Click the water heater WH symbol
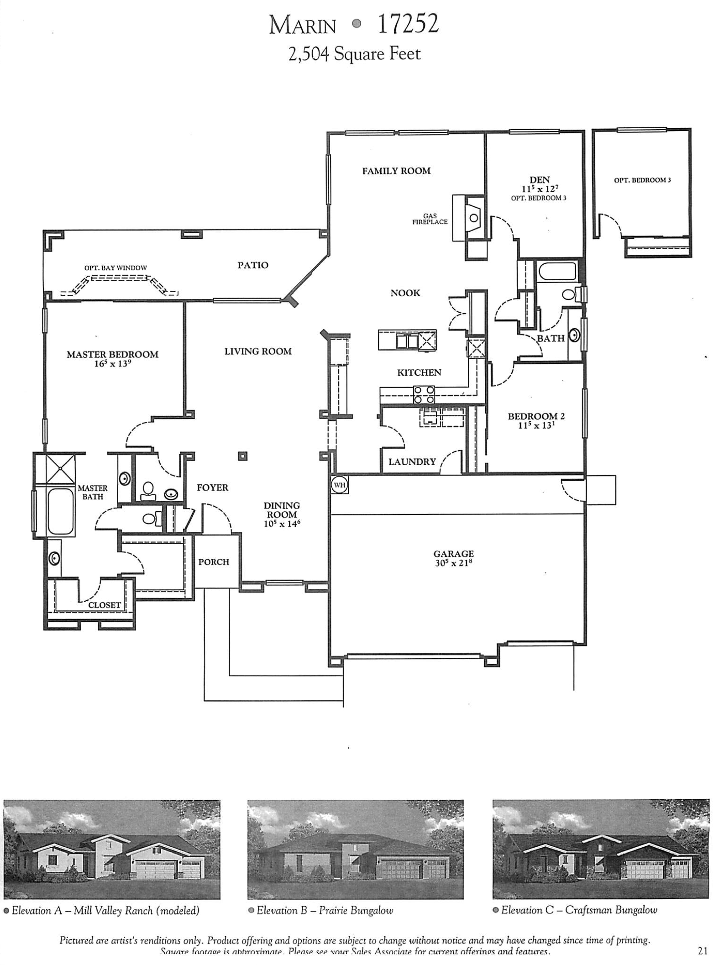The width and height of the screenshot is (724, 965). tap(340, 484)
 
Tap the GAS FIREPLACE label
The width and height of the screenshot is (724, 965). tap(430, 219)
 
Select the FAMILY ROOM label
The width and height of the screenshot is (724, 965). tap(396, 171)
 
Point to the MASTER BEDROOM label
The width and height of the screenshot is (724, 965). tap(112, 354)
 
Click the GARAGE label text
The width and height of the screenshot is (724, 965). tap(453, 554)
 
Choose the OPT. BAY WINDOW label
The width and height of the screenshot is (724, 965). tap(115, 268)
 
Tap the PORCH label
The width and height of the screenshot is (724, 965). tap(214, 562)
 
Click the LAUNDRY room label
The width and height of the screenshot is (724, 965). tap(412, 462)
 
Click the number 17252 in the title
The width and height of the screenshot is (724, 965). tap(408, 24)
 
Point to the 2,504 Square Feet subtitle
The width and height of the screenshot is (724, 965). tap(354, 54)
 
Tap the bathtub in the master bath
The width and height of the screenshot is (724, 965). tap(61, 511)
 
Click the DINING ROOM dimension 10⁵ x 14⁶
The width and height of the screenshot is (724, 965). tap(282, 524)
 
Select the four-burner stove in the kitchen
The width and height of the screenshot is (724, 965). tap(424, 395)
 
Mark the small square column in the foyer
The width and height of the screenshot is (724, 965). tap(243, 456)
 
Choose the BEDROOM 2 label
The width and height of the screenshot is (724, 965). tap(536, 416)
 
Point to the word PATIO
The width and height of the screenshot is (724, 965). tap(253, 265)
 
